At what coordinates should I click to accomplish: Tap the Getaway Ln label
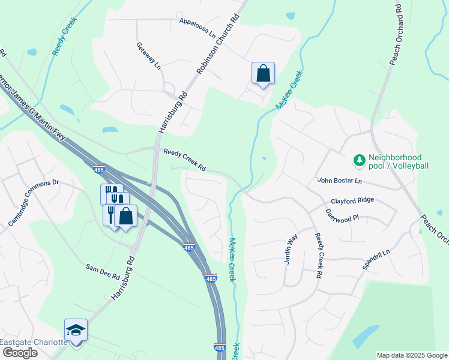[x=149, y=55]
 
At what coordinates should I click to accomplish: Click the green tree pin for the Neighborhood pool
[x=359, y=160]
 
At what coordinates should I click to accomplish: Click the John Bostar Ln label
[x=339, y=180]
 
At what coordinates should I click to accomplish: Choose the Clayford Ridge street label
[x=352, y=200]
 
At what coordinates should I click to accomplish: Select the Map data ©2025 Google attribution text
[x=412, y=355]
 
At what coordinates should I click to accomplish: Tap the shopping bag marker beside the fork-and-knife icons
[x=126, y=216]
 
